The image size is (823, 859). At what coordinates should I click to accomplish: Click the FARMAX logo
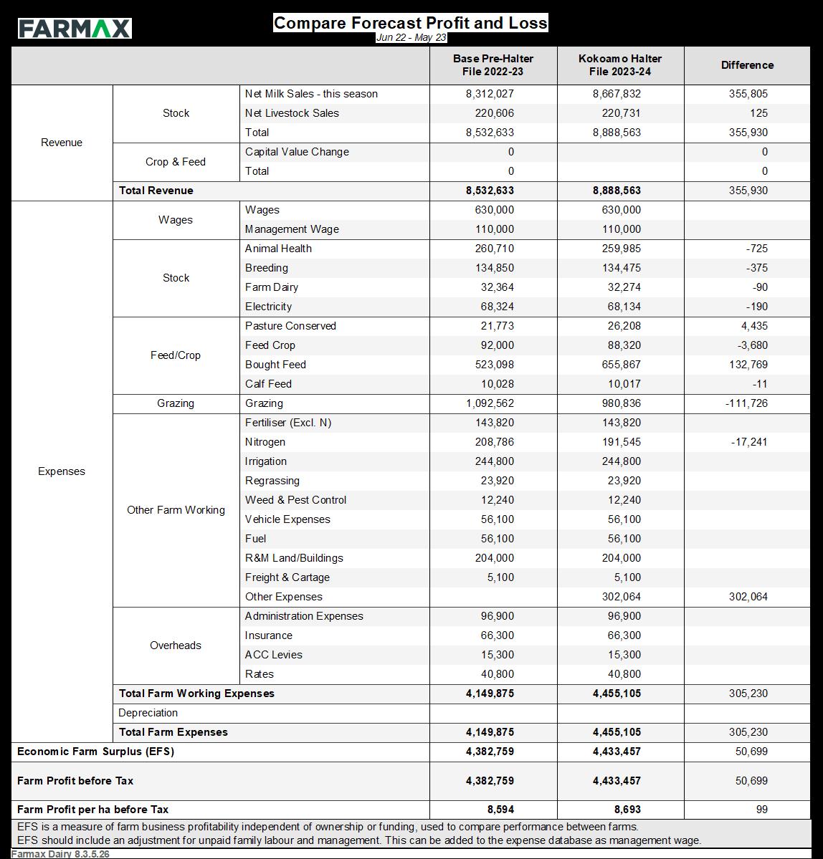point(75,29)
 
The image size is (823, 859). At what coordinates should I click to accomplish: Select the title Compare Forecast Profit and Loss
point(410,23)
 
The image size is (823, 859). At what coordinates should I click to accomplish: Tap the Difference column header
point(747,65)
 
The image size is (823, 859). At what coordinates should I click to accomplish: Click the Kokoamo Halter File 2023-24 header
point(620,65)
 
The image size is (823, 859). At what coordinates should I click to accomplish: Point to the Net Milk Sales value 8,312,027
point(490,94)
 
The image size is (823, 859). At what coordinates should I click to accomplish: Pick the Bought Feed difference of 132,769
point(748,365)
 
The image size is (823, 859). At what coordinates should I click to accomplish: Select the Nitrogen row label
point(265,442)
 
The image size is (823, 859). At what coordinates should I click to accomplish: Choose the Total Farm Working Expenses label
point(196,694)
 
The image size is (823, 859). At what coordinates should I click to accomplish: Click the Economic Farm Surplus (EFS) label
point(95,752)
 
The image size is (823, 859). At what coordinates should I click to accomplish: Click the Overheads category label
point(176,646)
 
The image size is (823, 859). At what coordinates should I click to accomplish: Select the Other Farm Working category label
point(176,510)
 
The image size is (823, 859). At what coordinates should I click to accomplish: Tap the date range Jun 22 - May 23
point(411,38)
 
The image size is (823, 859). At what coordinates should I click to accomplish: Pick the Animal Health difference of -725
point(756,249)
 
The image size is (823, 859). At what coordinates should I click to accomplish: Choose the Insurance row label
point(269,635)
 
